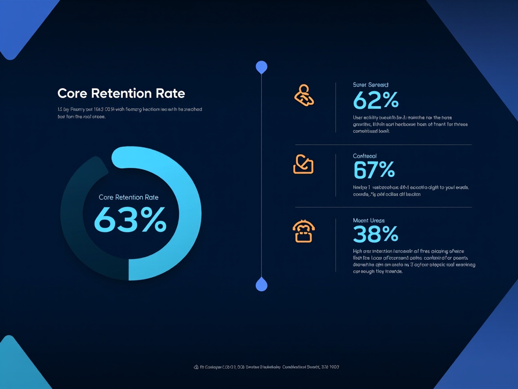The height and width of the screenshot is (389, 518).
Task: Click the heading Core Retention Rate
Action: tap(121, 93)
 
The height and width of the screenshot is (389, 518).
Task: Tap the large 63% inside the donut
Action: tap(130, 220)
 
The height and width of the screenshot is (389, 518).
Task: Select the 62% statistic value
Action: tap(376, 100)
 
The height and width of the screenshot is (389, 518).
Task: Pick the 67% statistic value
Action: tap(374, 170)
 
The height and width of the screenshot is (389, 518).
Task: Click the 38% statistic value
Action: tap(375, 234)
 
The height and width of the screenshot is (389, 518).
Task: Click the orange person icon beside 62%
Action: tap(304, 95)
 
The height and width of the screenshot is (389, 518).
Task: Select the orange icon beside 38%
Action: tap(304, 231)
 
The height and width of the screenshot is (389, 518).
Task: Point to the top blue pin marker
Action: tap(261, 67)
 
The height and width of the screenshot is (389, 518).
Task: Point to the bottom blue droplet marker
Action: tap(261, 285)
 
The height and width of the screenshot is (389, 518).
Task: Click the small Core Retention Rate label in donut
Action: tap(129, 197)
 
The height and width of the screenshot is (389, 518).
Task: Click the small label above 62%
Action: tap(371, 85)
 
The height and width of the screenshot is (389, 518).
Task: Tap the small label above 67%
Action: tap(365, 156)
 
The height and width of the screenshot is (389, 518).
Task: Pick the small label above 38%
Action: tap(369, 221)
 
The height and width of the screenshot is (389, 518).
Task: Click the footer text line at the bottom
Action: tap(266, 367)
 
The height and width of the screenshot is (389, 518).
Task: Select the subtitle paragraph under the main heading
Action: tap(129, 113)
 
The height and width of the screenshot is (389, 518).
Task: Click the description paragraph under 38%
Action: tap(414, 262)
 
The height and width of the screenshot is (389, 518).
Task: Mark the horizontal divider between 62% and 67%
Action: tap(383, 145)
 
